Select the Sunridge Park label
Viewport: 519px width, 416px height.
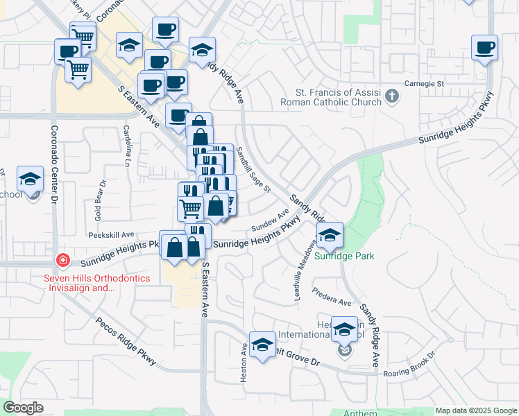(x=344, y=256)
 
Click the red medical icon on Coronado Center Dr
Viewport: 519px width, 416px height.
(x=63, y=260)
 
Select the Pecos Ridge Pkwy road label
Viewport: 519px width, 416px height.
(x=128, y=343)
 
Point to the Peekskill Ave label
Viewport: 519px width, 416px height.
(x=111, y=235)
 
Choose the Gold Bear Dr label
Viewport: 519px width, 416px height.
(x=99, y=200)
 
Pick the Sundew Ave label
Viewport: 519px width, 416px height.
(x=270, y=221)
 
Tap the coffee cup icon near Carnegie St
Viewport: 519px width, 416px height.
(x=484, y=49)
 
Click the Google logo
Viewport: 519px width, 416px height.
(x=23, y=408)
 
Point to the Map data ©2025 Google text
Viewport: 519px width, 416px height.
(x=475, y=410)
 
